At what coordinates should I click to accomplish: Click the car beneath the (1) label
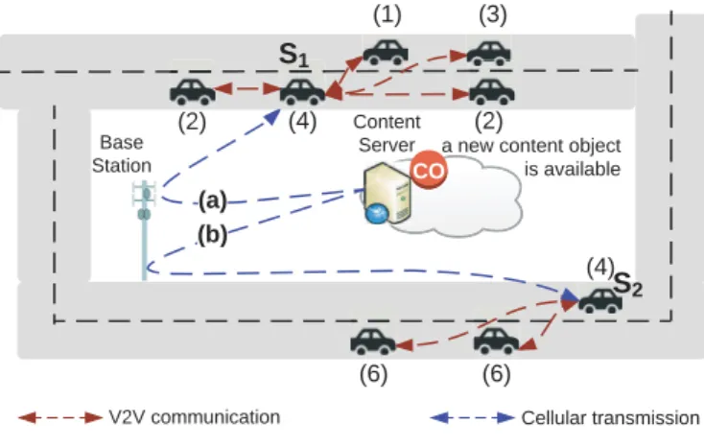pyautogui.click(x=386, y=53)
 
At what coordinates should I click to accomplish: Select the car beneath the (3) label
pyautogui.click(x=489, y=54)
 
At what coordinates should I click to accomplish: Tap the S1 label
pyautogui.click(x=294, y=55)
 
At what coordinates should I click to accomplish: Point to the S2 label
pyautogui.click(x=627, y=284)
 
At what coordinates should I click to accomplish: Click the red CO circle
pyautogui.click(x=429, y=170)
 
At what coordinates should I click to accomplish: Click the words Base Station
pyautogui.click(x=122, y=154)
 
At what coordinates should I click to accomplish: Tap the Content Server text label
pyautogui.click(x=387, y=133)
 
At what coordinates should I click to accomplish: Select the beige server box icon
pyautogui.click(x=387, y=192)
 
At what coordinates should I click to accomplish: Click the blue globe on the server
pyautogui.click(x=377, y=213)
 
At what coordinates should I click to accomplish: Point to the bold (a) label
pyautogui.click(x=213, y=200)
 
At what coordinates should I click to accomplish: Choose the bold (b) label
pyautogui.click(x=212, y=234)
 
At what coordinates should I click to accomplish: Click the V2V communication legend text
pyautogui.click(x=195, y=417)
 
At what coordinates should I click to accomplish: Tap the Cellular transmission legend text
pyautogui.click(x=610, y=418)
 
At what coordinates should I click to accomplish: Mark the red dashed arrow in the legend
pyautogui.click(x=60, y=418)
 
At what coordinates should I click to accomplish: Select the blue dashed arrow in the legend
pyautogui.click(x=472, y=418)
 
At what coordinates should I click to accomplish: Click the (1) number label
pyautogui.click(x=387, y=14)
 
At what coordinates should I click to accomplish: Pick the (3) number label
pyautogui.click(x=493, y=14)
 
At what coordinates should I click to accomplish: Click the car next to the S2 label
pyautogui.click(x=600, y=300)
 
